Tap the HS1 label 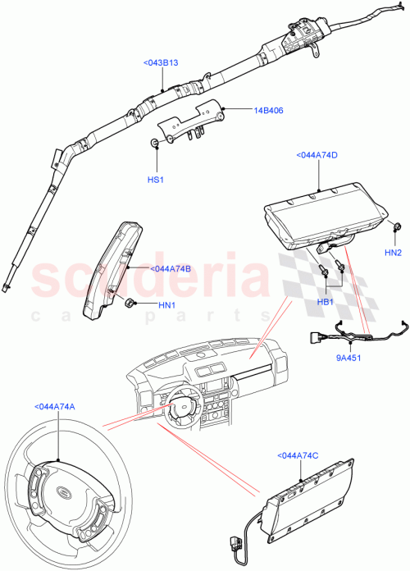(156, 179)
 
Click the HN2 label (394, 253)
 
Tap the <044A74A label (55, 406)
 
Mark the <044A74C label (299, 455)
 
